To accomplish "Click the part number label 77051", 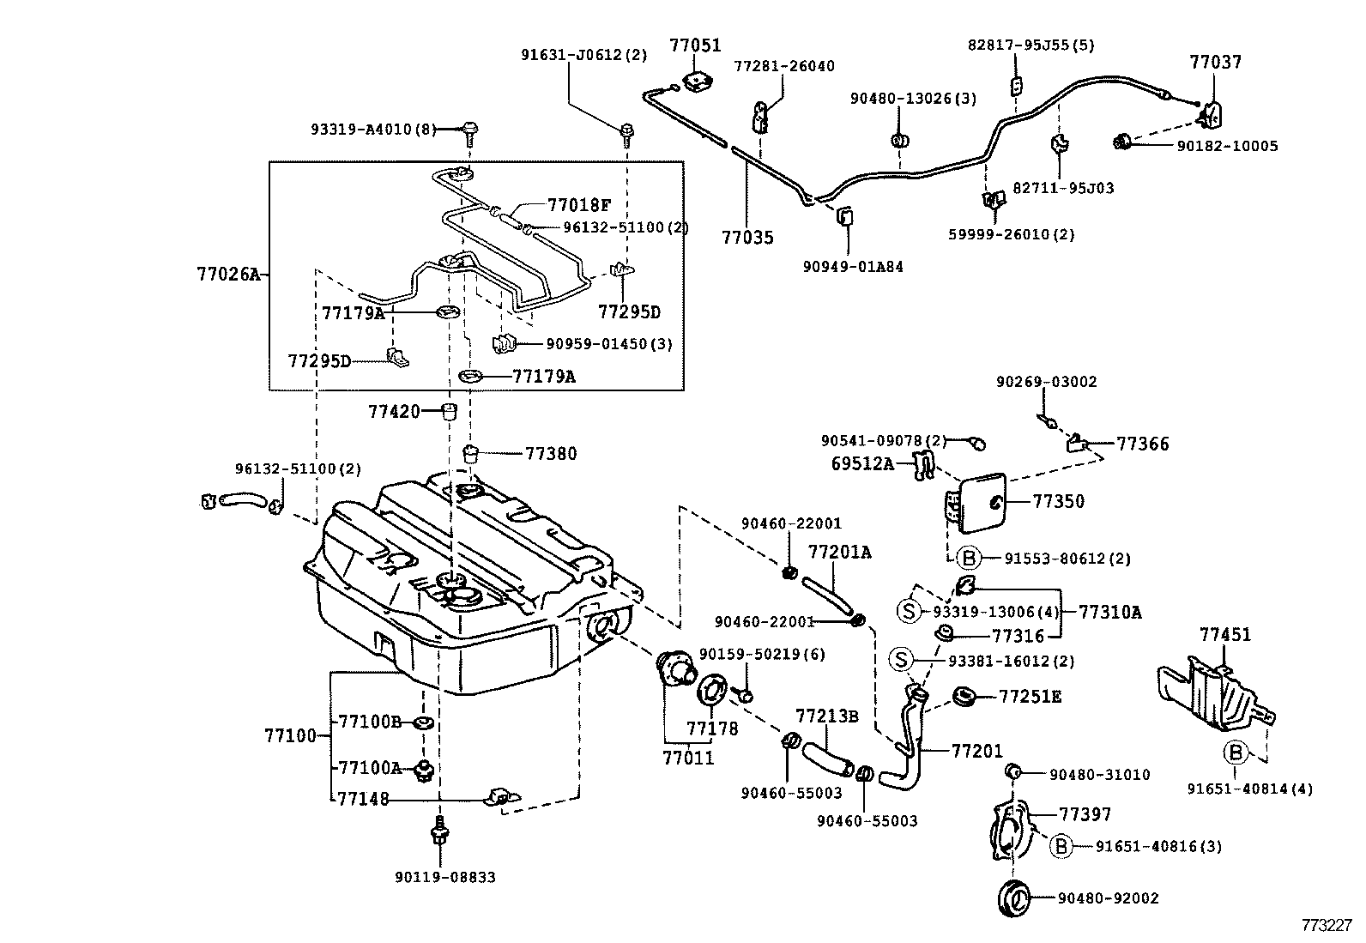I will pos(695,45).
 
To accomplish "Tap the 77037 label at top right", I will pos(1215,62).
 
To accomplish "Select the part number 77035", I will pos(746,237).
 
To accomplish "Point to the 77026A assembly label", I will pos(227,275).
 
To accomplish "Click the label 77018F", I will pos(579,205).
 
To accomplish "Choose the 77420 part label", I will pos(394,411).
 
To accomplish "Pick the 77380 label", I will pos(551,453).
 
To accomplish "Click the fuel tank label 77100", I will pos(290,735).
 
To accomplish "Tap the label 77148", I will pos(363,799).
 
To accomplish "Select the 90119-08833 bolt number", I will pos(445,877).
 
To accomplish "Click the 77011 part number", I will pos(688,758).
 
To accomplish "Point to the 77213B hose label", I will pos(827,716).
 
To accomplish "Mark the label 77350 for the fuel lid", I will pos(1058,501).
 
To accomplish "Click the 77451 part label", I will pos(1225,635).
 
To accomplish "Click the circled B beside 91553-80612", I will pos(969,559).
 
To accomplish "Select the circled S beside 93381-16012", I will pos(901,661).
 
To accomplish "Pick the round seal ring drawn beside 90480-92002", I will pos(1016,898).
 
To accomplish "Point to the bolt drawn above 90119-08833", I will pos(440,830).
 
